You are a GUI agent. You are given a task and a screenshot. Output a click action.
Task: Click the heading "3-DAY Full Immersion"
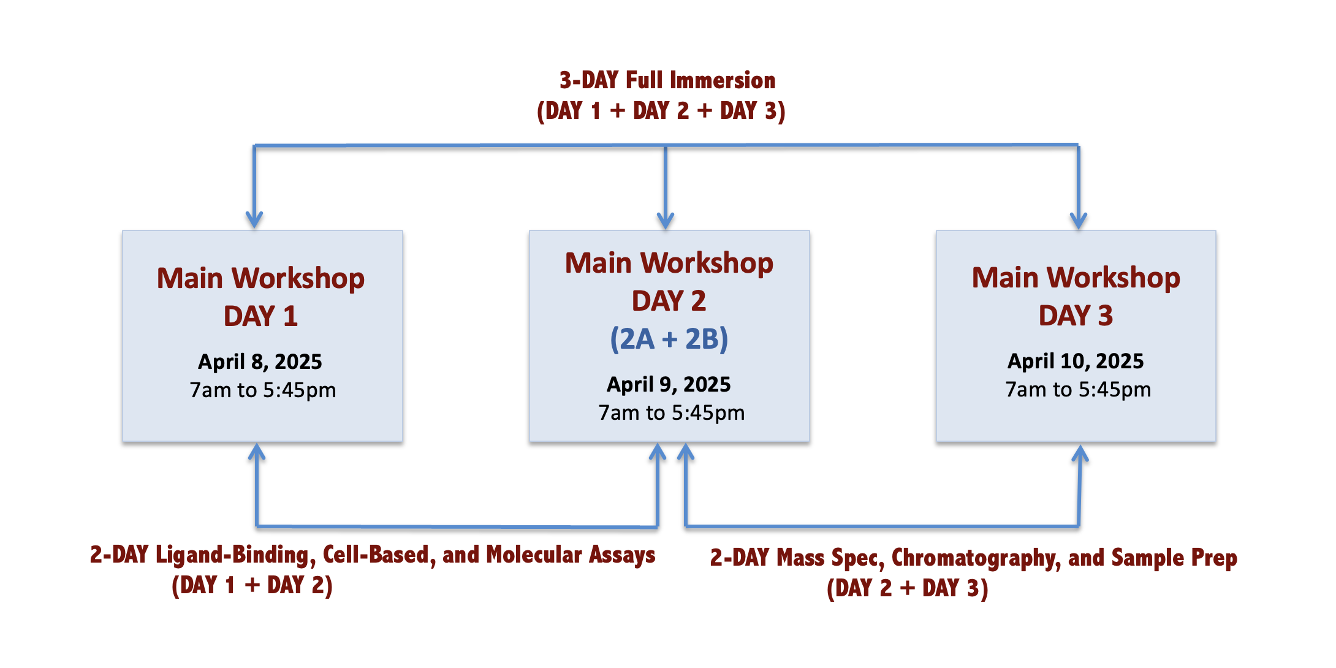(667, 80)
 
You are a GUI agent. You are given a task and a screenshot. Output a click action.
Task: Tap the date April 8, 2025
(260, 362)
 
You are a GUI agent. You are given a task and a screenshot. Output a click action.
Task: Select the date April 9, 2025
(669, 385)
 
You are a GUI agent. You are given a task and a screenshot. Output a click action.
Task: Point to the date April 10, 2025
(1076, 362)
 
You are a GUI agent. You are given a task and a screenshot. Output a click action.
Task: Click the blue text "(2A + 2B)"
(669, 339)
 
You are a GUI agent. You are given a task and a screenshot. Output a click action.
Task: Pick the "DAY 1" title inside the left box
(260, 316)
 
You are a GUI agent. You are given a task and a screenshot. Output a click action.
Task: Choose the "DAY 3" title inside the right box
(1076, 316)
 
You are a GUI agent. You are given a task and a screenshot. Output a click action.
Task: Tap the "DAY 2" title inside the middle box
(669, 301)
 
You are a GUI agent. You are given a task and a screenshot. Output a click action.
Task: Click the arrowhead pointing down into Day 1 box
(254, 220)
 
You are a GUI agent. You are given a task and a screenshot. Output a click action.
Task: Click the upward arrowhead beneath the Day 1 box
(257, 452)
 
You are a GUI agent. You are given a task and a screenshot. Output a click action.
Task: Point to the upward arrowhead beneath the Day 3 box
(1080, 454)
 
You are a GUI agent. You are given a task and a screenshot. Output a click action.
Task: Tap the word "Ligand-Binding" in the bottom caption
(236, 555)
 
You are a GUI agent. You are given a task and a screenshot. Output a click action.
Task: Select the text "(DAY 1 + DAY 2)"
(252, 585)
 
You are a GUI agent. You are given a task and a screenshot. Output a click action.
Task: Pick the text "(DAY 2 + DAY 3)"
(908, 588)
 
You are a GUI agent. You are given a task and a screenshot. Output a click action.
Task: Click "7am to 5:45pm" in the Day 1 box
(263, 390)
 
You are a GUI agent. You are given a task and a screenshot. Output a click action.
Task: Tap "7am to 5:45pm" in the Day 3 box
(1078, 390)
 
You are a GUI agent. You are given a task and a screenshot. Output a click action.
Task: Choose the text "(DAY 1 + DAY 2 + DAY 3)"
(661, 111)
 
